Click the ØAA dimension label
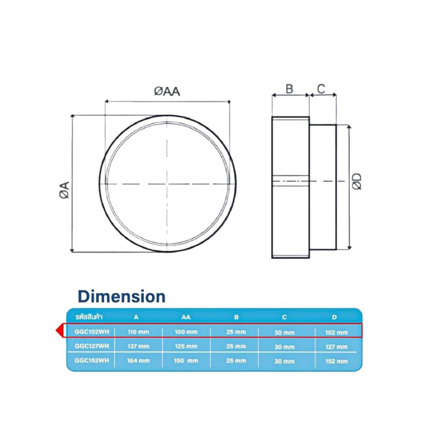(167, 92)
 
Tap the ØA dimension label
(65, 190)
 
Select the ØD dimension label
(357, 181)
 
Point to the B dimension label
(289, 89)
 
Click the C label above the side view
(321, 89)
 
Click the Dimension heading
(122, 297)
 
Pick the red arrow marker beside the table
(59, 330)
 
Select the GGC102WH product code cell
(92, 332)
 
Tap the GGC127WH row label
(92, 346)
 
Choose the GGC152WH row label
(92, 360)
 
